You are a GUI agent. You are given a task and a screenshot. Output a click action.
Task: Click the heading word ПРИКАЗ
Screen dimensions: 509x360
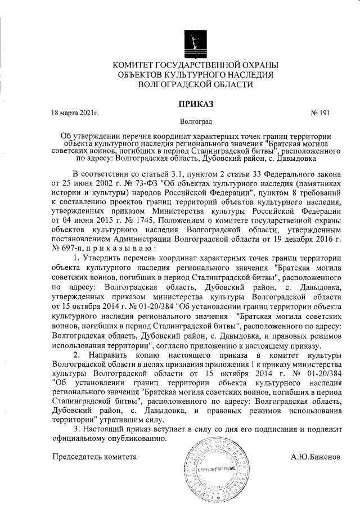[195, 103]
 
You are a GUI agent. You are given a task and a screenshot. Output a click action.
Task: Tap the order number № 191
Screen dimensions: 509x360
[319, 114]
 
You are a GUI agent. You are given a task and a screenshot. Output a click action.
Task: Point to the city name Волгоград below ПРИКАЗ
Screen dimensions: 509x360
[195, 121]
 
